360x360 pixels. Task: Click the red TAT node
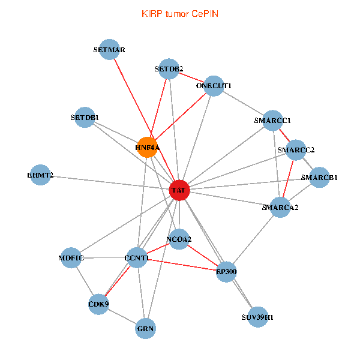coord(179,190)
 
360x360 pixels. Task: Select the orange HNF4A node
coord(147,147)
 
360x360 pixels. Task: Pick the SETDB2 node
coord(170,68)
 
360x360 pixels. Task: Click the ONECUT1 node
coord(214,86)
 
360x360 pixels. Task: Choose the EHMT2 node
coord(40,175)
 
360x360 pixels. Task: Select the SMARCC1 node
coord(272,121)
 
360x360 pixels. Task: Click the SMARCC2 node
coord(296,150)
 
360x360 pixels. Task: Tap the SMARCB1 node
coord(319,178)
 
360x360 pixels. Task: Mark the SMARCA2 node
coord(280,207)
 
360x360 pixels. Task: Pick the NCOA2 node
coord(179,239)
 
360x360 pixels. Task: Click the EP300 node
coord(227,271)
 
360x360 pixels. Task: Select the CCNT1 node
coord(136,258)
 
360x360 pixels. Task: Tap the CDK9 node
coord(99,304)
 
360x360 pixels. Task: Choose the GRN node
coord(146,328)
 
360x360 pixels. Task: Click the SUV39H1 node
coord(257,317)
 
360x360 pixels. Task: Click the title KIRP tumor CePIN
coord(179,13)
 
